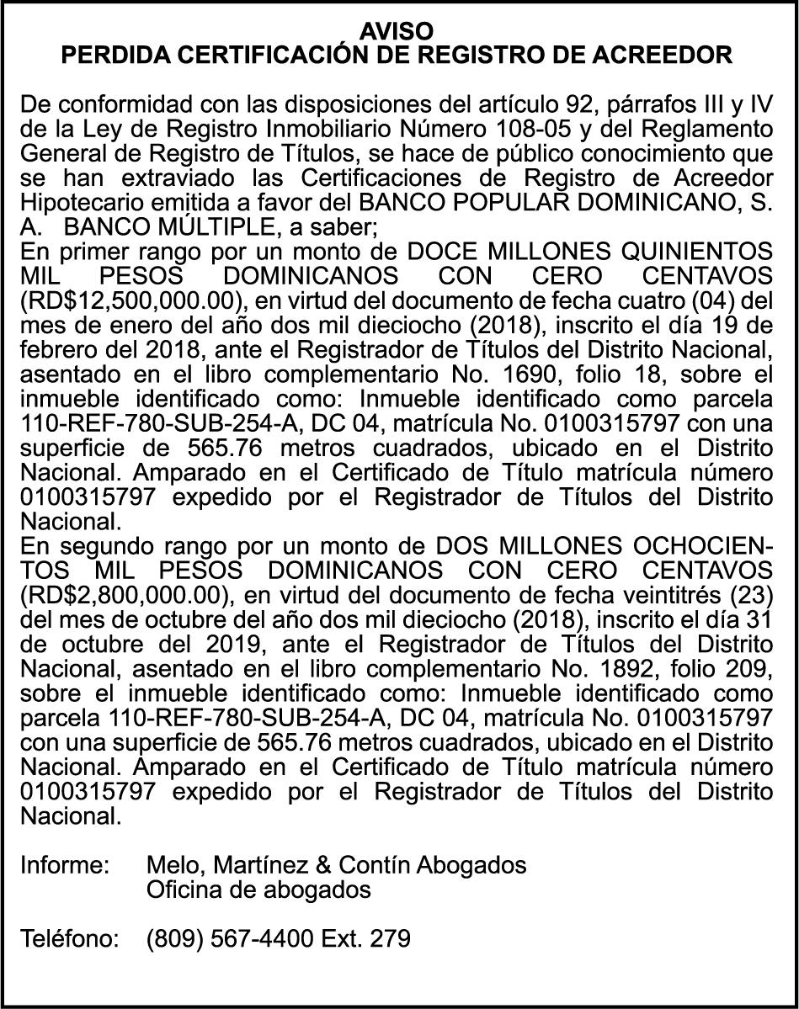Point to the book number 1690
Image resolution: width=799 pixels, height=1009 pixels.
tap(590, 374)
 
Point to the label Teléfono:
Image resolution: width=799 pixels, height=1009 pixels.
tap(69, 937)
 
